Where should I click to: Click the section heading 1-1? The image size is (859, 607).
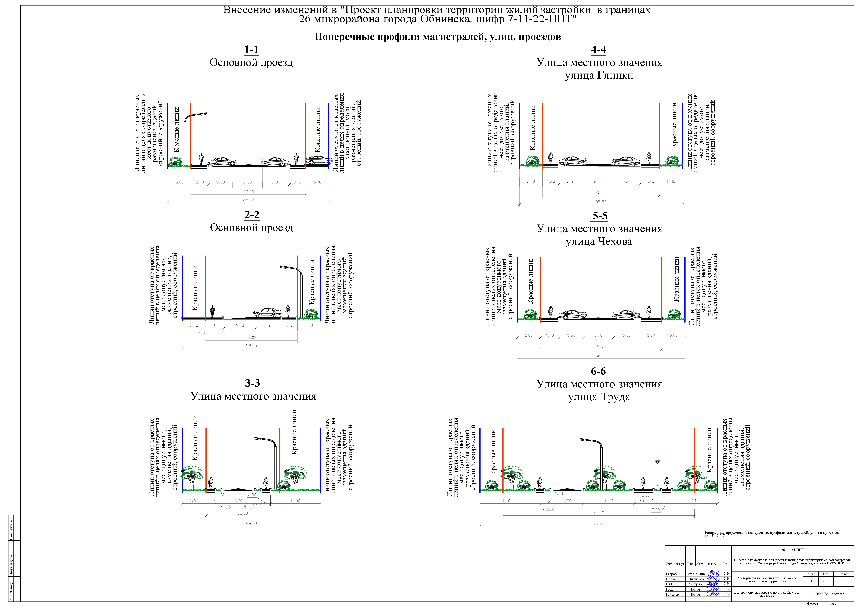pyautogui.click(x=251, y=50)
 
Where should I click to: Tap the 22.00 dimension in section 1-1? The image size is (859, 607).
pyautogui.click(x=248, y=192)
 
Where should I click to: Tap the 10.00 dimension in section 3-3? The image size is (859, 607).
pyautogui.click(x=295, y=500)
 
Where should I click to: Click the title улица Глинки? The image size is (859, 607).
pyautogui.click(x=599, y=75)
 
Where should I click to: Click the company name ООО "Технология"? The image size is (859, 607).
pyautogui.click(x=828, y=594)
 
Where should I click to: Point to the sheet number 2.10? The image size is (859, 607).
pyautogui.click(x=826, y=581)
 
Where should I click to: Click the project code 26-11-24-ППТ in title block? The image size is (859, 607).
pyautogui.click(x=792, y=550)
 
